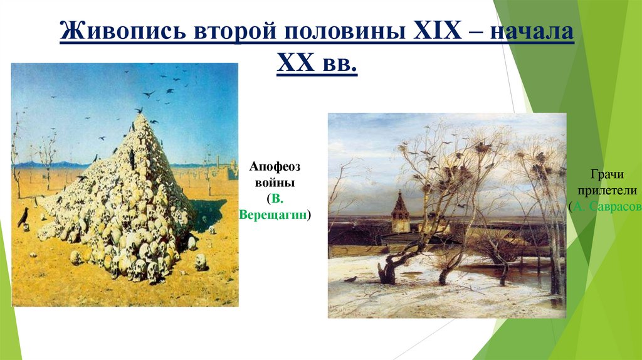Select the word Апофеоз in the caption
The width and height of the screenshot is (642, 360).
pos(275,167)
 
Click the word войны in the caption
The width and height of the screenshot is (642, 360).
pos(275,183)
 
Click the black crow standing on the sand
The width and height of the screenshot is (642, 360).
pos(23,216)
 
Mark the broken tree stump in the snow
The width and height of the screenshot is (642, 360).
pos(384,272)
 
